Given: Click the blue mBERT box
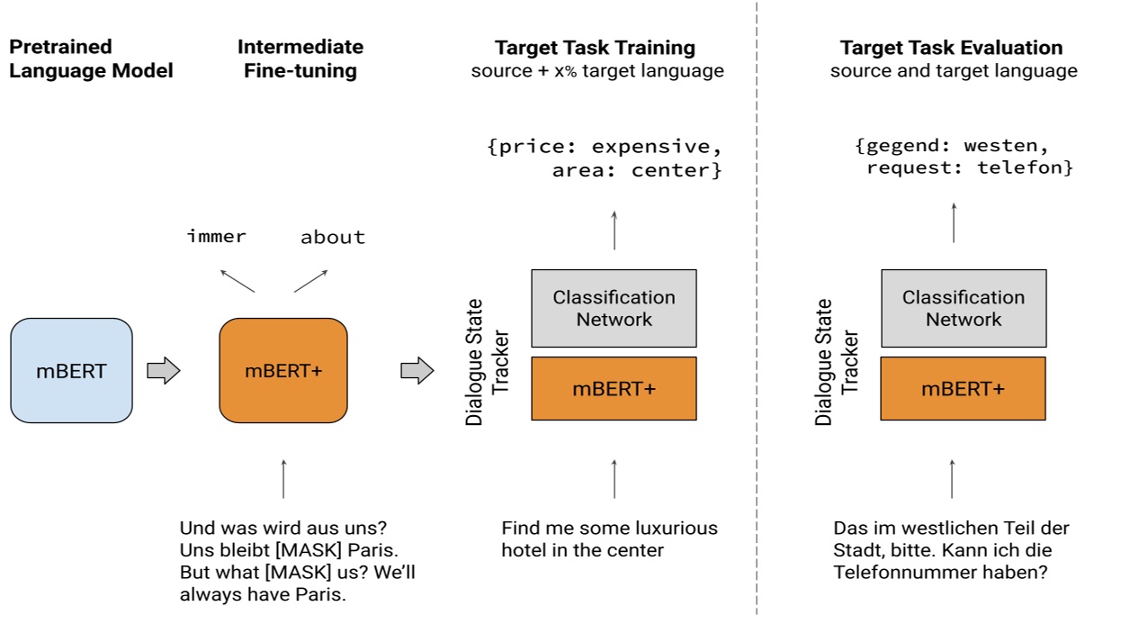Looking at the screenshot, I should pyautogui.click(x=71, y=370).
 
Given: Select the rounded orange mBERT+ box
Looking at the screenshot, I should pyautogui.click(x=282, y=370).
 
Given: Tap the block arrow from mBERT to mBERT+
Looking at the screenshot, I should pyautogui.click(x=163, y=370).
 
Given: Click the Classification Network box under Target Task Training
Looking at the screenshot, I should pyautogui.click(x=614, y=308).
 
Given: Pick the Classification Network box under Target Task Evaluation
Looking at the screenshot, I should pyautogui.click(x=963, y=308).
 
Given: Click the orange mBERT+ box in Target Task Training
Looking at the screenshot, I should pyautogui.click(x=614, y=389).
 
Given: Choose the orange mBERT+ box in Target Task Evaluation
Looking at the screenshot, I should pyautogui.click(x=963, y=389).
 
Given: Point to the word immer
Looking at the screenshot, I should pyautogui.click(x=217, y=237).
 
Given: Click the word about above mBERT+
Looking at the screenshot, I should pyautogui.click(x=332, y=238).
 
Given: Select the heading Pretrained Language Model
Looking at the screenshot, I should pyautogui.click(x=90, y=59).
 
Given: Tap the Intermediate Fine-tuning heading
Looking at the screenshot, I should pyautogui.click(x=300, y=59).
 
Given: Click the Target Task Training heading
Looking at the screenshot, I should pyautogui.click(x=595, y=48).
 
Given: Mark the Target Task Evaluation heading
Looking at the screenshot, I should pyautogui.click(x=951, y=48).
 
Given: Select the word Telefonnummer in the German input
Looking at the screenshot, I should pyautogui.click(x=895, y=571).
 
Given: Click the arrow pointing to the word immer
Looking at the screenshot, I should pyautogui.click(x=238, y=278).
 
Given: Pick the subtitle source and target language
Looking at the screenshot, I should pyautogui.click(x=953, y=71).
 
